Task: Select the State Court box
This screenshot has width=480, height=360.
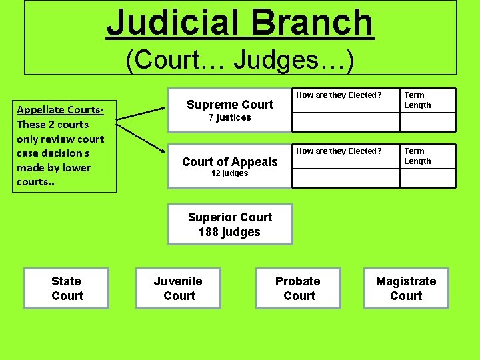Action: [x=66, y=289]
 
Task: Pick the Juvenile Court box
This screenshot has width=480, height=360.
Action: [x=178, y=289]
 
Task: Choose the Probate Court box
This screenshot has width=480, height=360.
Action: [x=298, y=289]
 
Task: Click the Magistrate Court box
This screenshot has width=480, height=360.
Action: [x=406, y=289]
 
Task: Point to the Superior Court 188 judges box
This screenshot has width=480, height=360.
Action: [x=230, y=225]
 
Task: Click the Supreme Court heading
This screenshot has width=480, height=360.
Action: [x=230, y=104]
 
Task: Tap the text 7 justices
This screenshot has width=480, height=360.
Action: [x=229, y=118]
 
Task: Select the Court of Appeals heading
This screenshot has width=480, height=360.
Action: [x=230, y=161]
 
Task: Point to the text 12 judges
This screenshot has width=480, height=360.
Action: [x=229, y=173]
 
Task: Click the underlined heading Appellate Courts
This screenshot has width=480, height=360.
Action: [x=59, y=110]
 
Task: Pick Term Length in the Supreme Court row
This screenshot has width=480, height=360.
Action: [x=418, y=100]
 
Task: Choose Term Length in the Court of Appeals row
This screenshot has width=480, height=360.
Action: [x=418, y=156]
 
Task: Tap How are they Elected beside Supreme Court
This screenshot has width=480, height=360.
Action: [x=339, y=95]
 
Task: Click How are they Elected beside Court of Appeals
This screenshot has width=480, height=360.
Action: [x=339, y=151]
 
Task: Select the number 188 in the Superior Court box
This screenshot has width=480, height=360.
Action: [x=210, y=232]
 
